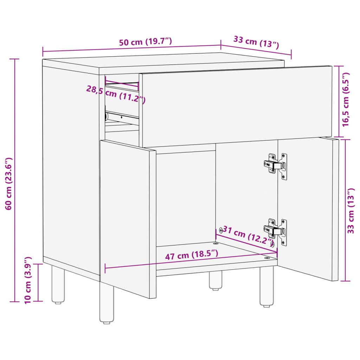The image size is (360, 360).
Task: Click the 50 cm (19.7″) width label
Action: (145, 42)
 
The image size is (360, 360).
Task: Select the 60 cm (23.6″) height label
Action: (10, 183)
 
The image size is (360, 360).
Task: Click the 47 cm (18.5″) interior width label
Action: (192, 255)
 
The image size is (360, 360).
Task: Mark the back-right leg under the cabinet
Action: (215, 280)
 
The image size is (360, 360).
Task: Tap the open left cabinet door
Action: (128, 218)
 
